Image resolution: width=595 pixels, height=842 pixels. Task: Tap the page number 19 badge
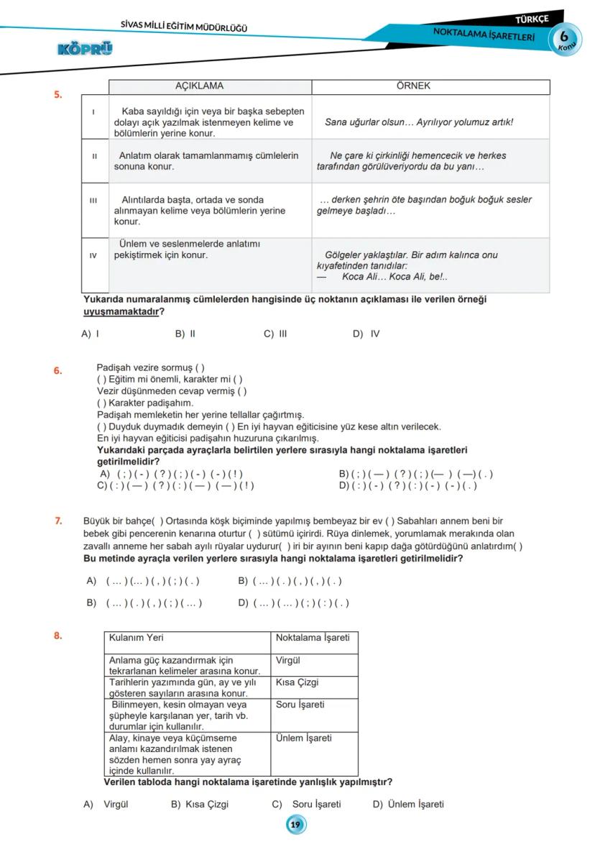(295, 825)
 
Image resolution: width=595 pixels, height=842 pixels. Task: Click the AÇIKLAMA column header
(199, 86)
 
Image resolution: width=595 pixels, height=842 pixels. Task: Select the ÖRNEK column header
(413, 86)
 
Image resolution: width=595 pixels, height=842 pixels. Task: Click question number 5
(58, 94)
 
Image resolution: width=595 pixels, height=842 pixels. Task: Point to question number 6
(58, 371)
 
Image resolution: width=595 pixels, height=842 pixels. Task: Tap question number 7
(58, 520)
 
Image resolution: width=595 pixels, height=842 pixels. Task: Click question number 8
(58, 636)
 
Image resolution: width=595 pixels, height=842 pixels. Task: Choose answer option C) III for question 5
(275, 334)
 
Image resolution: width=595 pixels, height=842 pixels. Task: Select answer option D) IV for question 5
(366, 334)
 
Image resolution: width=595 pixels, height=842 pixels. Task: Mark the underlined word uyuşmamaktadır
(120, 311)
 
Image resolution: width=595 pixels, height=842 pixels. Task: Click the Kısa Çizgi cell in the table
(297, 682)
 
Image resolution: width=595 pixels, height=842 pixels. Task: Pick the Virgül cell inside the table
(287, 660)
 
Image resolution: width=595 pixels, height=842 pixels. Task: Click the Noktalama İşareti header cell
(312, 638)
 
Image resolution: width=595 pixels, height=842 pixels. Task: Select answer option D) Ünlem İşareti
(408, 805)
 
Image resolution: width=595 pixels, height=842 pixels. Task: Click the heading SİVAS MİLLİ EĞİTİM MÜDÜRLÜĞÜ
(184, 28)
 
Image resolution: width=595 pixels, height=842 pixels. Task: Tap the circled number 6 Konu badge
(565, 38)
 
